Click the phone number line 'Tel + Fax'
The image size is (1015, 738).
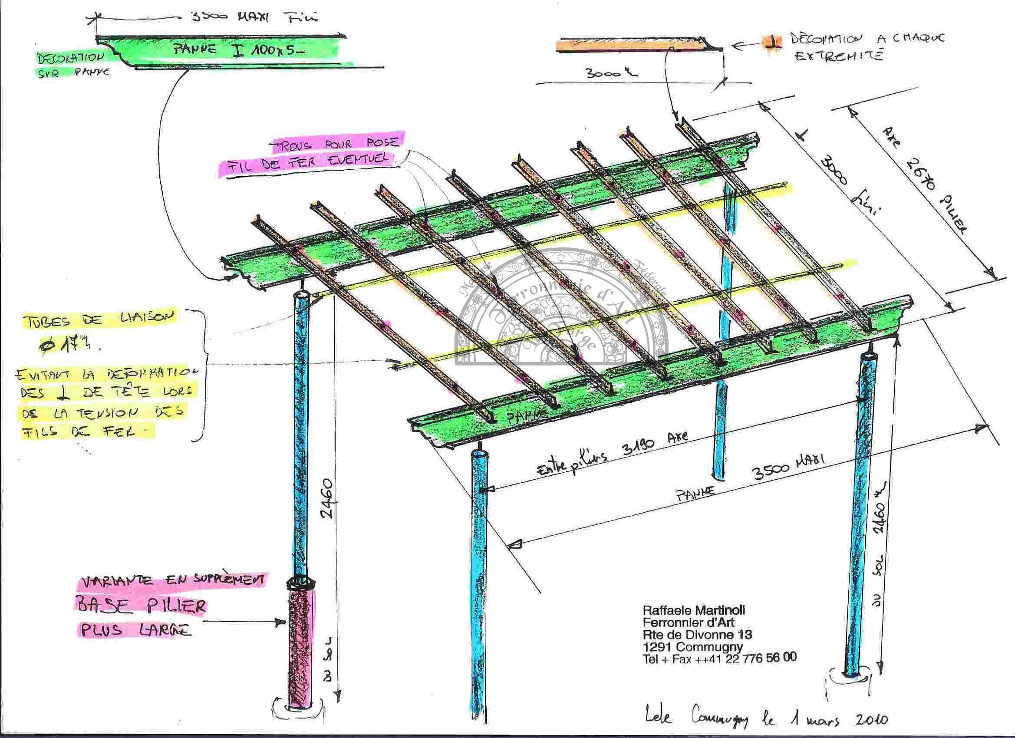(x=719, y=659)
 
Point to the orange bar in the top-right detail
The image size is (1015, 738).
(x=626, y=45)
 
